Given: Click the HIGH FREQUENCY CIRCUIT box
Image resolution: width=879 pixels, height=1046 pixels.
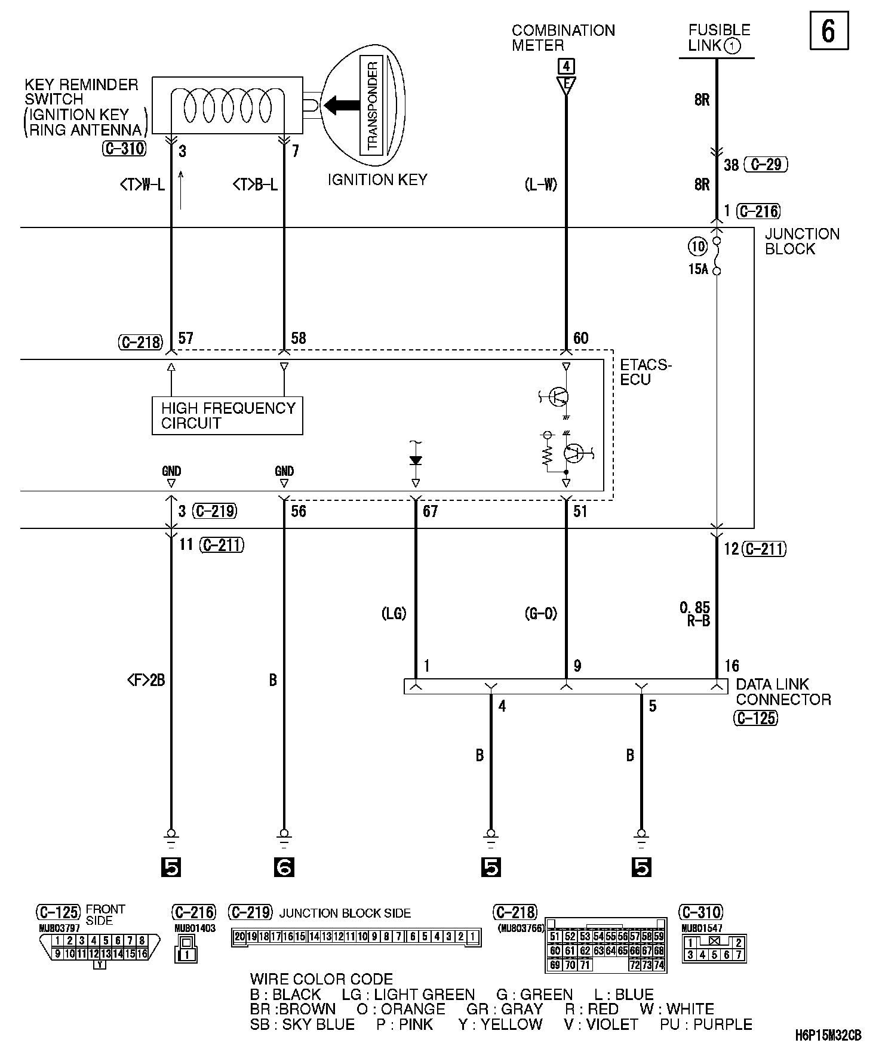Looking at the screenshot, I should [227, 416].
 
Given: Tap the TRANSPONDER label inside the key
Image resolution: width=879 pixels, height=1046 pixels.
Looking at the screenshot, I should [373, 106].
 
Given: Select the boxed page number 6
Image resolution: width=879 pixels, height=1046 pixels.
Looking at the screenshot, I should [829, 30].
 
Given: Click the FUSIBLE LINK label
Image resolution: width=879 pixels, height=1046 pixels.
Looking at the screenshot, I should [718, 38].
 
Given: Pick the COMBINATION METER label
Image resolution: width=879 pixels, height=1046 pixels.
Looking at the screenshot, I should [563, 38].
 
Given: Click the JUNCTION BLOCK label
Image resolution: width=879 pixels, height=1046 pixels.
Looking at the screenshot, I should [801, 241].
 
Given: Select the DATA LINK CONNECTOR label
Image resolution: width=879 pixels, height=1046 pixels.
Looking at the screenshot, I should [783, 691].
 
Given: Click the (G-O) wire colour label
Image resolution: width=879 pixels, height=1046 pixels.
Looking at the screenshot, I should [542, 613].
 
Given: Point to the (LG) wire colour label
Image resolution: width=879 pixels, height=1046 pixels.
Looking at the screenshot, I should [394, 613].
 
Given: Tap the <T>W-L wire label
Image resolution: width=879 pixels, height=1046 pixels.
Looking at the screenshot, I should [142, 185].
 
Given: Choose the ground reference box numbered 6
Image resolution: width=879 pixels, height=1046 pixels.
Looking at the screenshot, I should [284, 867].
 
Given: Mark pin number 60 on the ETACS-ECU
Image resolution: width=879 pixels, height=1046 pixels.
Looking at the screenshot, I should [580, 339].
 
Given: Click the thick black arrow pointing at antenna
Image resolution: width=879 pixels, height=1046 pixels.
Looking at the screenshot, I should [338, 106].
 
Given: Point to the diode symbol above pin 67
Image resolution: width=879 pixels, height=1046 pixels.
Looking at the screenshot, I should [416, 460].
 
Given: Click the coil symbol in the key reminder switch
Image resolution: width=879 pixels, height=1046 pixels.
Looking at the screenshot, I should [227, 108].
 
